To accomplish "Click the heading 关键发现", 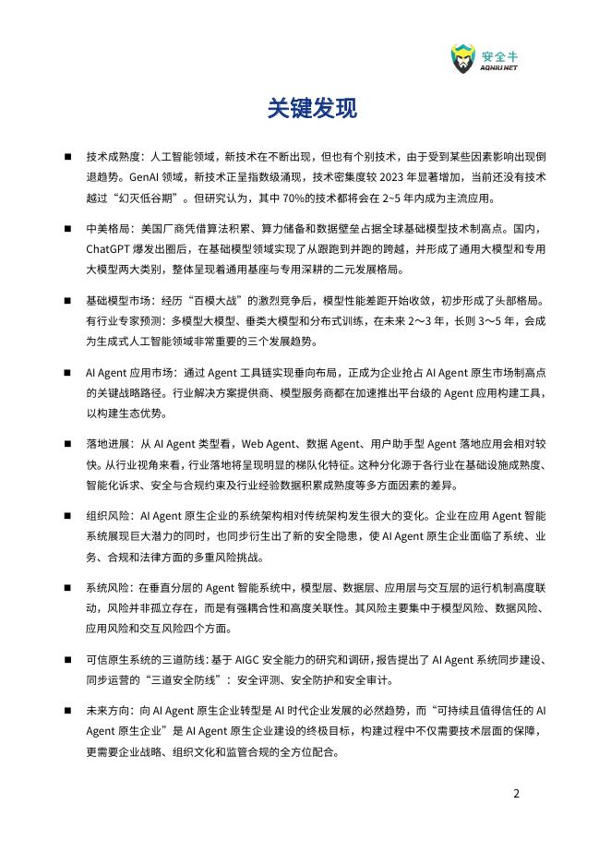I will point(305,109).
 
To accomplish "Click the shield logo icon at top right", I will point(461,58).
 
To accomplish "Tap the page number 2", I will point(517,793).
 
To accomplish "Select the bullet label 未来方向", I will point(103,711).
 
